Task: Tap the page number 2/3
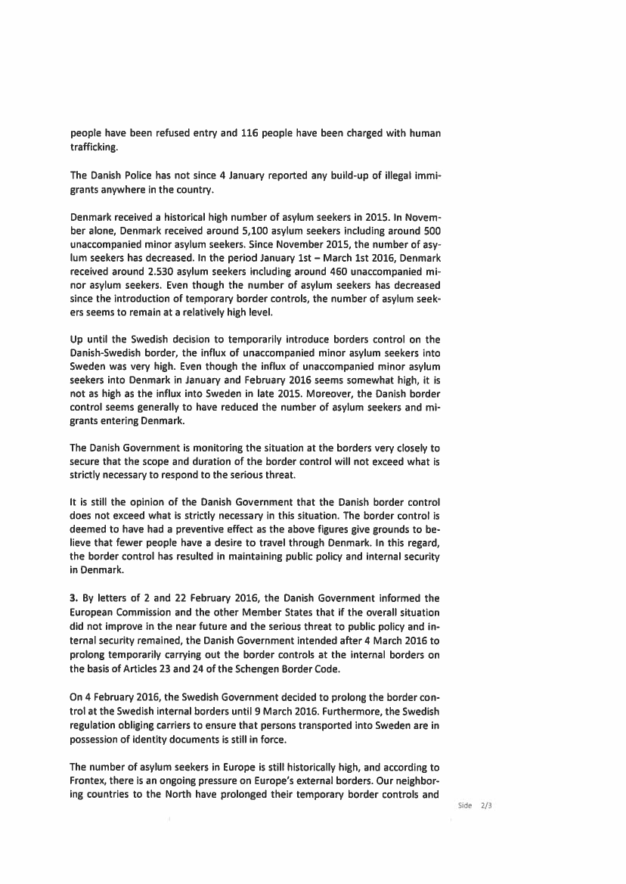pos(485,805)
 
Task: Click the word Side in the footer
pos(464,805)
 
